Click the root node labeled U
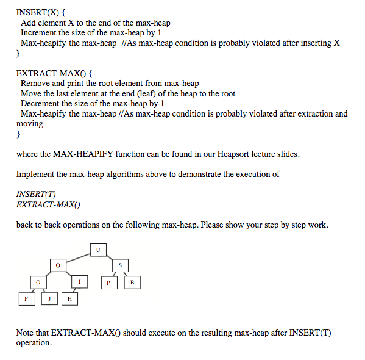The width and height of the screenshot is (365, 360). (98, 250)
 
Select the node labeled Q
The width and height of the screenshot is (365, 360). (58, 265)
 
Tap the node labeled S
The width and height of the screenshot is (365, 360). (119, 265)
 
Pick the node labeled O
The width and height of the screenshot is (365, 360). (38, 283)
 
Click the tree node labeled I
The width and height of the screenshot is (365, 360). (79, 282)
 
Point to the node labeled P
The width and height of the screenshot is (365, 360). (108, 283)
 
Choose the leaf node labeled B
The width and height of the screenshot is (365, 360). (132, 283)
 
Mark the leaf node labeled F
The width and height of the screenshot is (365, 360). (26, 299)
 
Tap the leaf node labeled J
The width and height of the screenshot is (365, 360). (49, 299)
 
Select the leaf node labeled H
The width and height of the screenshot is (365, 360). (69, 299)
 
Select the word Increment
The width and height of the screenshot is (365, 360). (40, 33)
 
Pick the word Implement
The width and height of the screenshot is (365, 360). (36, 174)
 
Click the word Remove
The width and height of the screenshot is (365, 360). (34, 83)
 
